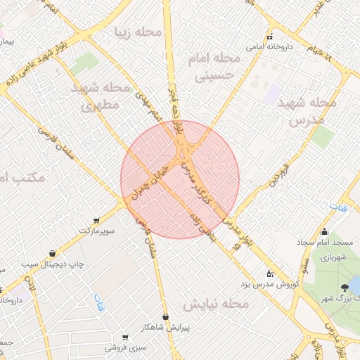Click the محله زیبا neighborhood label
click(139, 32)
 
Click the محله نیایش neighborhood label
click(217, 304)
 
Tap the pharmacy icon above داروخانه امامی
click(269, 37)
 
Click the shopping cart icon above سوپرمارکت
click(96, 221)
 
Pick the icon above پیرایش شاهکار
click(165, 317)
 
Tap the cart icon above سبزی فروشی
click(125, 337)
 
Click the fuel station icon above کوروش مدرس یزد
click(270, 274)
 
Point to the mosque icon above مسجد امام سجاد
click(324, 232)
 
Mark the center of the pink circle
click(180, 179)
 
